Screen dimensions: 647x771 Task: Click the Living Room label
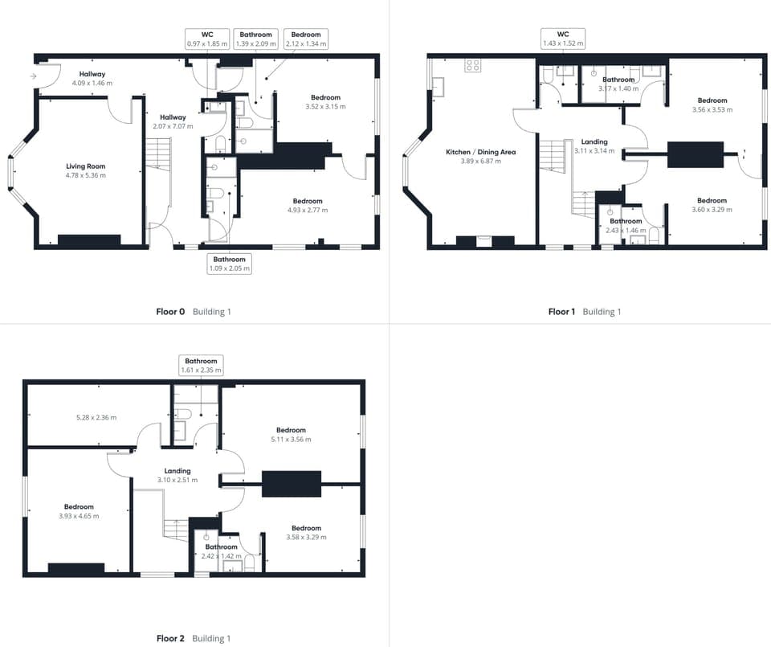tap(86, 166)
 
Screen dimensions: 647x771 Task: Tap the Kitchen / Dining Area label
tap(481, 152)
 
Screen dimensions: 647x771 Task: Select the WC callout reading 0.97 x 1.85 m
tap(207, 39)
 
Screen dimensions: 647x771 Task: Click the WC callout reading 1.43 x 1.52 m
tap(563, 39)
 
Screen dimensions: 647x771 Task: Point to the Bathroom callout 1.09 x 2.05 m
tap(230, 264)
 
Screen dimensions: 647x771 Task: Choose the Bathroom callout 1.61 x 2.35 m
tap(201, 366)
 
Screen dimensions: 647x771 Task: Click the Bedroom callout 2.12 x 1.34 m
tap(306, 39)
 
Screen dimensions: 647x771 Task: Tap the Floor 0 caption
tap(170, 312)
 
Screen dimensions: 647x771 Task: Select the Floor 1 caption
tap(561, 312)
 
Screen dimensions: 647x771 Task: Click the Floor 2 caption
tap(170, 638)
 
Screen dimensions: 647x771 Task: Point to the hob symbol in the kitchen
tap(473, 67)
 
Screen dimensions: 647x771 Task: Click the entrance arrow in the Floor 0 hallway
tap(33, 76)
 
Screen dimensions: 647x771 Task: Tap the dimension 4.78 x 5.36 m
tap(86, 175)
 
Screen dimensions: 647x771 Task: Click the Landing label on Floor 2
tap(177, 471)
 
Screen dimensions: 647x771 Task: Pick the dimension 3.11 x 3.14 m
tap(594, 151)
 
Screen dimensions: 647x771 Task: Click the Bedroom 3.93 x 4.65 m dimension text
tap(80, 516)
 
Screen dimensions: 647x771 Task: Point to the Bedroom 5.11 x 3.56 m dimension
tap(291, 440)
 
